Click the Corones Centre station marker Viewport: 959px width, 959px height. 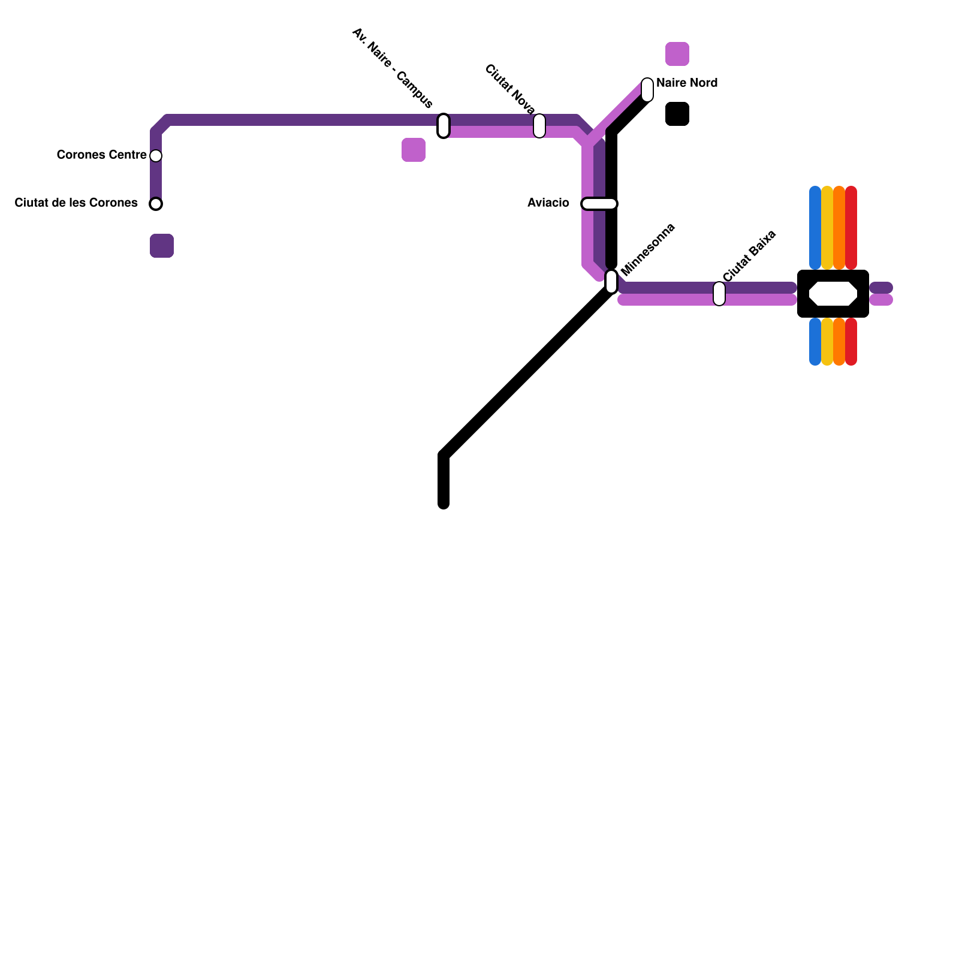tap(156, 156)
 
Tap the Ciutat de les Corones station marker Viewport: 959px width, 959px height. tap(156, 204)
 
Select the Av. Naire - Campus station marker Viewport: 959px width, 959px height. tap(444, 126)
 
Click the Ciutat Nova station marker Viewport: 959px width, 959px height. tap(539, 126)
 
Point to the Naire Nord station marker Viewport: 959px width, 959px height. tap(647, 90)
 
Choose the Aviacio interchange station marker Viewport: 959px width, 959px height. tap(599, 204)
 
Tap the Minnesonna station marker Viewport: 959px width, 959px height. tap(611, 281)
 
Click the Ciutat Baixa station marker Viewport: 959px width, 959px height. tap(719, 294)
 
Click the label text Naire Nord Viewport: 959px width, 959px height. tap(687, 83)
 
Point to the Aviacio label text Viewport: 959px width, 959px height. tap(548, 203)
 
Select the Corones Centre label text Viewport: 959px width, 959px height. tap(101, 155)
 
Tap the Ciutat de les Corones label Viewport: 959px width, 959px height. tap(76, 203)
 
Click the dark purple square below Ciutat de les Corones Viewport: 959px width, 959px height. tap(162, 246)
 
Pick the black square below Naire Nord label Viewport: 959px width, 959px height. tap(677, 114)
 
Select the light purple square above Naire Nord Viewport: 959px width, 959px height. tap(677, 54)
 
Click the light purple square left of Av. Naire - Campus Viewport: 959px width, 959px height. tap(414, 150)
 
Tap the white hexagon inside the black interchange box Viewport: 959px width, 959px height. tap(833, 294)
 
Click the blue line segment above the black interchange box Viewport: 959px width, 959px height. tap(815, 228)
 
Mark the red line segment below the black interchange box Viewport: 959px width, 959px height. tap(851, 342)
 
